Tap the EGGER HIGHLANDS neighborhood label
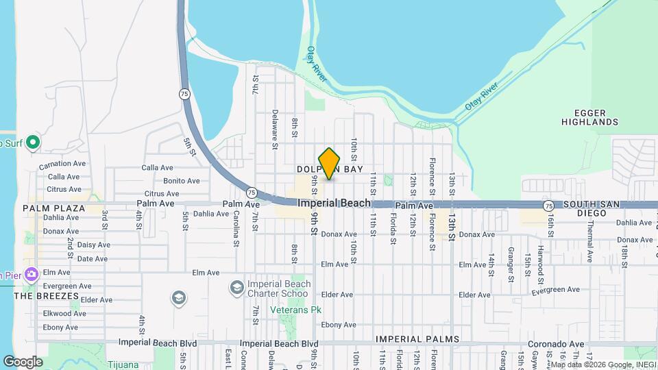(589, 116)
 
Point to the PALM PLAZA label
(53, 208)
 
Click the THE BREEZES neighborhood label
(42, 295)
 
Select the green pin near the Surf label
(32, 143)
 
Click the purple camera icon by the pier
(31, 275)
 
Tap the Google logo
(23, 362)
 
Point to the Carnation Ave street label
(62, 164)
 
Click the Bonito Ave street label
(182, 181)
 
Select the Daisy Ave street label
(93, 245)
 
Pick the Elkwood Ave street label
(64, 313)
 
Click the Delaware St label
(274, 129)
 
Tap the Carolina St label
(236, 227)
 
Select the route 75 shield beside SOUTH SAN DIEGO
(548, 206)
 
